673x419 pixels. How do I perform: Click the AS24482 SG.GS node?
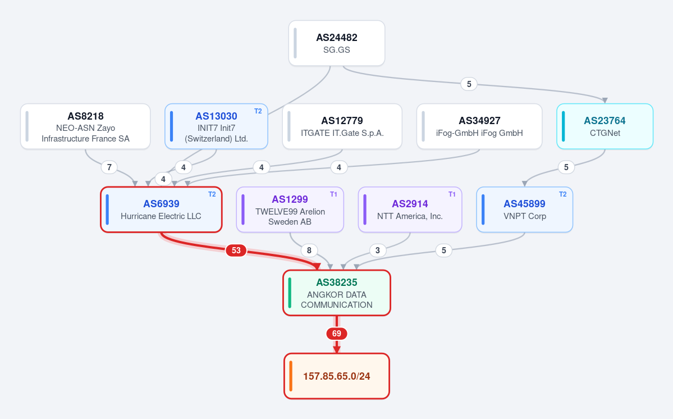point(337,43)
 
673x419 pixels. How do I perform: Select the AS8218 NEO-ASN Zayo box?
point(85,126)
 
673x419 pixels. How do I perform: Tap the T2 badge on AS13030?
point(258,111)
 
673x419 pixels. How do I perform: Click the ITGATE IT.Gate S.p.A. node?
point(342,126)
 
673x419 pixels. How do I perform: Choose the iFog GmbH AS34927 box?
point(479,126)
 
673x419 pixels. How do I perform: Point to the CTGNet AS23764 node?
point(605,126)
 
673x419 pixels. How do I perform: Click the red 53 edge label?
point(236,251)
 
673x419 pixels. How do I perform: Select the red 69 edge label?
point(337,334)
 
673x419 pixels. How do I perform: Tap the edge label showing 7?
point(109,167)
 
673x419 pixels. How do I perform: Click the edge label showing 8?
point(309,251)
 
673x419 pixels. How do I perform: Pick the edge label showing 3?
point(378,251)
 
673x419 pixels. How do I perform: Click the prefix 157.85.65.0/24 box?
point(337,376)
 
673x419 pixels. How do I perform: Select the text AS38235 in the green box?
point(337,283)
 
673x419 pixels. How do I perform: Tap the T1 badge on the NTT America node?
point(452,194)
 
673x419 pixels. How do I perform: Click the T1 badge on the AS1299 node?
point(333,194)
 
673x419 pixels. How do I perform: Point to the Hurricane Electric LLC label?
point(161,216)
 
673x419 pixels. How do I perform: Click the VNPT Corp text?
point(524,216)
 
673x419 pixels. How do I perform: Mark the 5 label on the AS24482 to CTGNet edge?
point(469,84)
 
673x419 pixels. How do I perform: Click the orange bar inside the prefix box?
point(291,376)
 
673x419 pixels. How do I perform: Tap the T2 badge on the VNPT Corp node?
point(562,194)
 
